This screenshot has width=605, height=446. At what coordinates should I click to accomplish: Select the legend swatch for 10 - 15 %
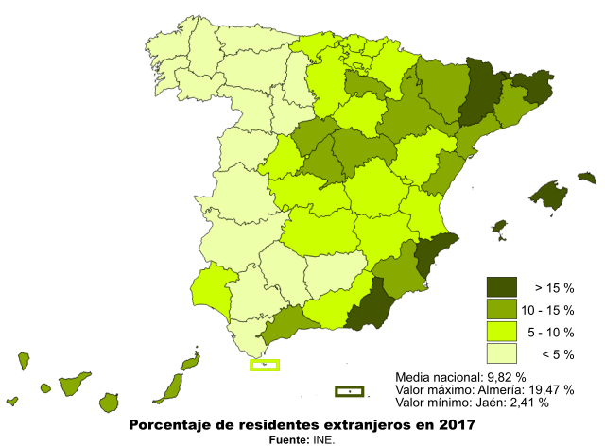pos(502,309)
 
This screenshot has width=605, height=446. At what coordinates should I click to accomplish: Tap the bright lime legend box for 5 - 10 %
pos(502,332)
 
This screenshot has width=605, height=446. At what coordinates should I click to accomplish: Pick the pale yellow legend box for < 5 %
pos(502,353)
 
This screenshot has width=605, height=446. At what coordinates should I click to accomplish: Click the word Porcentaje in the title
pos(171,424)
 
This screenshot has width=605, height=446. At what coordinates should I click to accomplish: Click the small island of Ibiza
pos(499,228)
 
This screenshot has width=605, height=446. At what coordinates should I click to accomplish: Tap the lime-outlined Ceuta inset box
pos(264,365)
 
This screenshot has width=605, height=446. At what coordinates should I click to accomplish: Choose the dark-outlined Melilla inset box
pos(349,390)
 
